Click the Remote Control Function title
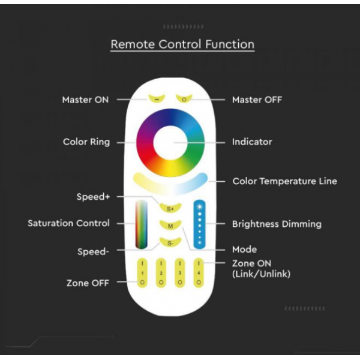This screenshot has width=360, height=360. tap(182, 44)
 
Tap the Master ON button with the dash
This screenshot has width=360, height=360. tap(157, 99)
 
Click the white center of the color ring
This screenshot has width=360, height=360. tap(170, 143)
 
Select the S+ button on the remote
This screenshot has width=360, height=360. tap(170, 208)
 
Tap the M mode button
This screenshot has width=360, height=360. tap(170, 226)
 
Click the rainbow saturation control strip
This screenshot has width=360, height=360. tap(141, 224)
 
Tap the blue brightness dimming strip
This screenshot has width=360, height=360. tap(200, 224)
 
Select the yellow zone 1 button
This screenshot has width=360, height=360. tap(142, 273)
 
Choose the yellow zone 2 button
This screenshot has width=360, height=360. tap(161, 273)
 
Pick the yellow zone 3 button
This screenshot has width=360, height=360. tap(180, 273)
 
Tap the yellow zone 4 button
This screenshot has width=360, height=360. tap(199, 273)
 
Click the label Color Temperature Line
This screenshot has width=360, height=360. tap(284, 181)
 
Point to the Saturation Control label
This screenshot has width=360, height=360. tap(68, 223)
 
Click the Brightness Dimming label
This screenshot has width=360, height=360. tap(277, 224)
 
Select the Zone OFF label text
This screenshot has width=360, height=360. tap(88, 283)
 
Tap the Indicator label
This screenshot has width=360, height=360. tap(252, 142)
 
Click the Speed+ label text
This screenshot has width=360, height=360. tap(93, 197)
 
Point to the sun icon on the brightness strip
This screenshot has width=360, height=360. tap(200, 207)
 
